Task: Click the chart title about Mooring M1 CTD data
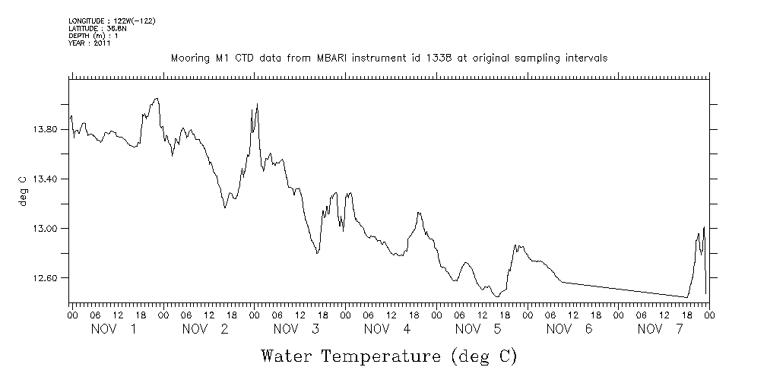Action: point(388,59)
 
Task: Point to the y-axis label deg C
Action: point(22,189)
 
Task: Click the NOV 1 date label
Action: point(114,329)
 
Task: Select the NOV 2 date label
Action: point(205,329)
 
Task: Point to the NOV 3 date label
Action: point(296,329)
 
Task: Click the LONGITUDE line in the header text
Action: point(112,21)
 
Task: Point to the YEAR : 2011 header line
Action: point(90,43)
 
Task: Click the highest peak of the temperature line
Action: point(156,98)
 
